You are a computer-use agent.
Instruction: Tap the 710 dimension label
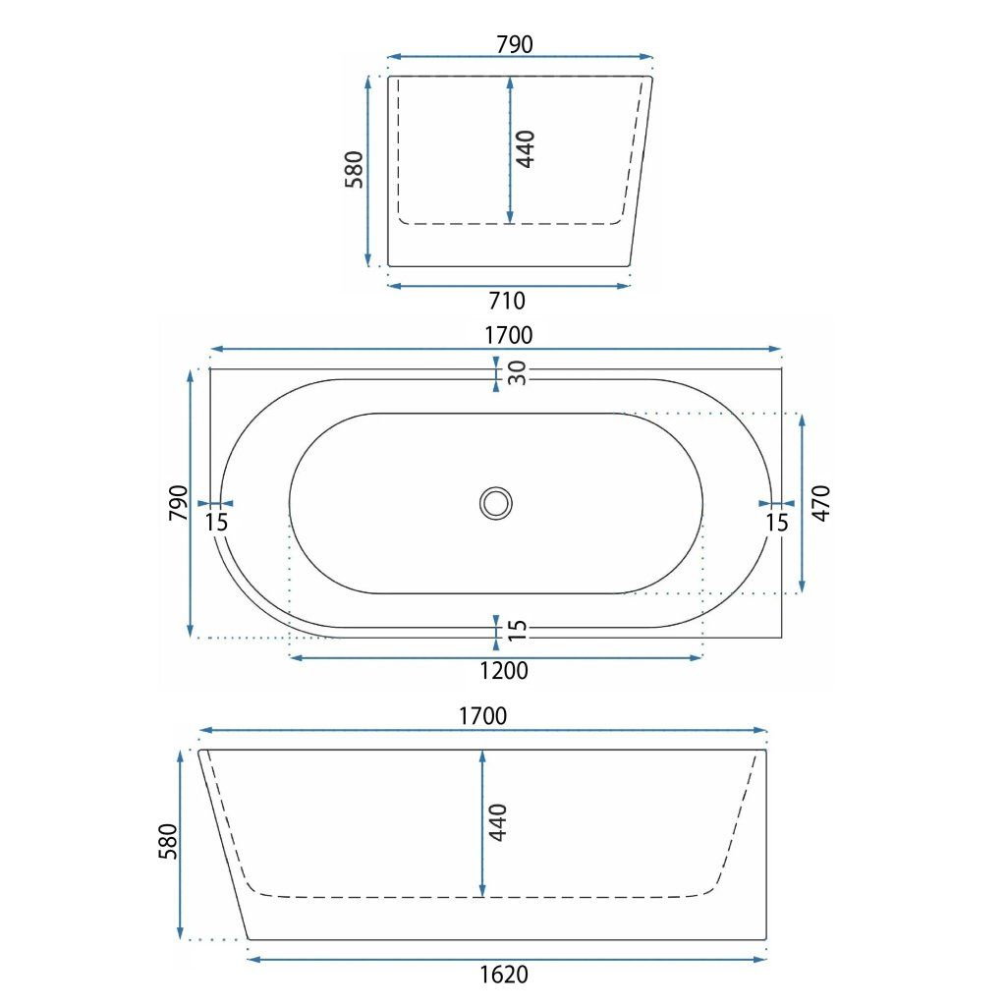[507, 301]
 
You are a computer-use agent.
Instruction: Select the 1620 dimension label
[504, 975]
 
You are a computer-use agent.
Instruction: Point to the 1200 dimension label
[504, 671]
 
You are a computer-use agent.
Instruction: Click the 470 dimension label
[821, 503]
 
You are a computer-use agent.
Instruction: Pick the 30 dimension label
[517, 372]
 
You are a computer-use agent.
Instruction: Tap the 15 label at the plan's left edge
[217, 523]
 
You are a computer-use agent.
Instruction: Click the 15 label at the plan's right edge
[776, 523]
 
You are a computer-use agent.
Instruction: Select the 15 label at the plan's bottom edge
[517, 630]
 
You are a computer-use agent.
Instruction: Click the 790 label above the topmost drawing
[515, 44]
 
